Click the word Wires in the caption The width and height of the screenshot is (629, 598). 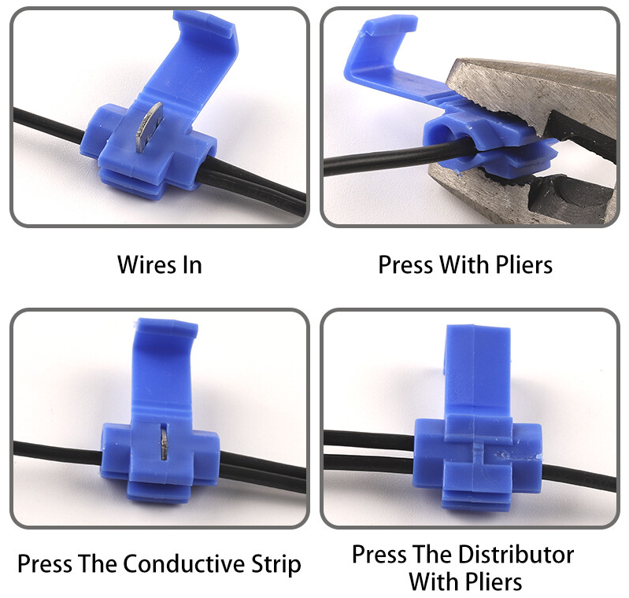tap(147, 264)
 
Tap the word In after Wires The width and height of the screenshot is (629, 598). tap(192, 264)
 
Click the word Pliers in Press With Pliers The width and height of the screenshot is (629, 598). tap(524, 264)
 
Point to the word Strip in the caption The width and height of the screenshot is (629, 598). tap(276, 564)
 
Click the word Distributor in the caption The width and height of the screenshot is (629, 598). tap(516, 554)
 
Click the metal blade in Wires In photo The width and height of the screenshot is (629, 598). tap(150, 127)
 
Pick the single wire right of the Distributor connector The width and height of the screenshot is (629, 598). tap(579, 478)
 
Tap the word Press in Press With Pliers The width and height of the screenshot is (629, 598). tap(405, 264)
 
